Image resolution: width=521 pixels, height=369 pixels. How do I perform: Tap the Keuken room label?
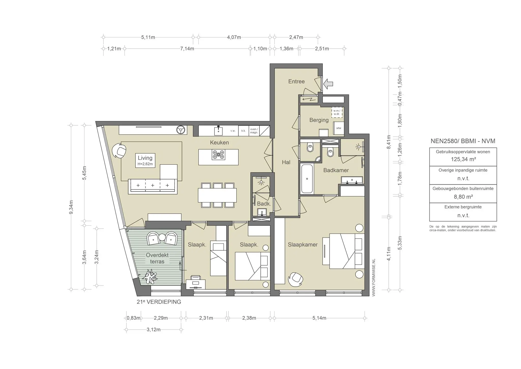pyautogui.click(x=219, y=143)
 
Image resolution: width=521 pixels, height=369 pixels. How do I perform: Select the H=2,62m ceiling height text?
pyautogui.click(x=145, y=164)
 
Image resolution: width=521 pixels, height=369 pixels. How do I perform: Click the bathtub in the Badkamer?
pyautogui.click(x=307, y=179)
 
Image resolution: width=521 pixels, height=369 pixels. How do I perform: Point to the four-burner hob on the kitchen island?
pyautogui.click(x=218, y=155)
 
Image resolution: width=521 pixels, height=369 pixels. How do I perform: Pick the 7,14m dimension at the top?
pyautogui.click(x=187, y=49)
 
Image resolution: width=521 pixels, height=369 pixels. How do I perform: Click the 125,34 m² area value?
pyautogui.click(x=463, y=159)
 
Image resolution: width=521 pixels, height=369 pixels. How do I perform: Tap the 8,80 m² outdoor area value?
pyautogui.click(x=463, y=197)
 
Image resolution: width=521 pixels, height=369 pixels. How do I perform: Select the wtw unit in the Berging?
pyautogui.click(x=339, y=128)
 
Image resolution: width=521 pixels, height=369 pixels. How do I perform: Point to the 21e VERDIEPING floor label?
pyautogui.click(x=159, y=302)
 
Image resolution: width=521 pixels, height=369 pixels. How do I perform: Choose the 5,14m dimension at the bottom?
pyautogui.click(x=319, y=318)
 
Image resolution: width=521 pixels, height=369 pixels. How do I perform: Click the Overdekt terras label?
pyautogui.click(x=157, y=258)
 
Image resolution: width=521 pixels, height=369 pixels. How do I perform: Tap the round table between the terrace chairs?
pyautogui.click(x=162, y=237)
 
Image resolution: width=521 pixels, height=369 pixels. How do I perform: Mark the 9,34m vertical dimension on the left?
pyautogui.click(x=71, y=207)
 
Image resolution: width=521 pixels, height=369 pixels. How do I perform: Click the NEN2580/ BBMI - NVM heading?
pyautogui.click(x=463, y=141)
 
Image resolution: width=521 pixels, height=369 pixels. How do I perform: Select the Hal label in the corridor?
pyautogui.click(x=286, y=162)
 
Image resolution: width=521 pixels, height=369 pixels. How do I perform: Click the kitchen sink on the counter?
pyautogui.click(x=218, y=131)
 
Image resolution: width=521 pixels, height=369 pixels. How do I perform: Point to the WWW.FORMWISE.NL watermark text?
pyautogui.click(x=373, y=277)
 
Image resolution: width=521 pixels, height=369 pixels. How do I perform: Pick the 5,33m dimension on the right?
pyautogui.click(x=400, y=243)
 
